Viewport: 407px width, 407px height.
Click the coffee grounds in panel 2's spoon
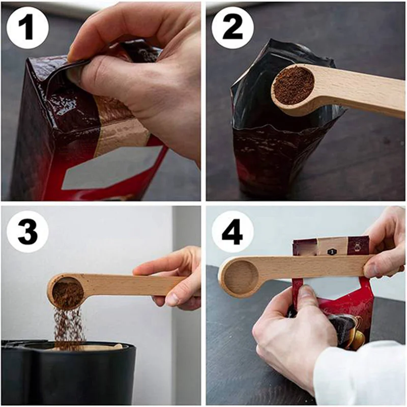click(x=293, y=85)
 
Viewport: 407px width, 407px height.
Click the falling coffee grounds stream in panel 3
click(x=68, y=326)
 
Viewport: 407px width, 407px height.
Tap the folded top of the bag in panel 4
click(x=331, y=246)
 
